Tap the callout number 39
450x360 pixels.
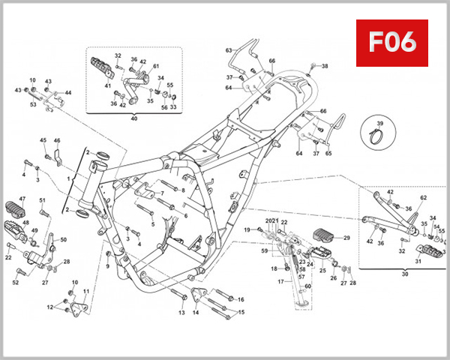pyautogui.click(x=379, y=123)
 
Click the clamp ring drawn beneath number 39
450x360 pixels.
pyautogui.click(x=379, y=137)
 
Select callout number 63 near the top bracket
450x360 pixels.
pyautogui.click(x=229, y=50)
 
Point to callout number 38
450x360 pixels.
pyautogui.click(x=325, y=67)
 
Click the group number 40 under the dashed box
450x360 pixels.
pyautogui.click(x=135, y=118)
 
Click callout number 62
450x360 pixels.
pyautogui.click(x=423, y=197)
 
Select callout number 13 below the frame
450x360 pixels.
pyautogui.click(x=181, y=312)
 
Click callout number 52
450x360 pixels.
pyautogui.click(x=15, y=283)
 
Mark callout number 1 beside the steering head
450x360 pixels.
pyautogui.click(x=68, y=180)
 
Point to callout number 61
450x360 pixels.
pyautogui.click(x=157, y=67)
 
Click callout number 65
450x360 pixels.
pyautogui.click(x=328, y=154)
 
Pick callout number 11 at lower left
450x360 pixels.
pyautogui.click(x=85, y=291)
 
